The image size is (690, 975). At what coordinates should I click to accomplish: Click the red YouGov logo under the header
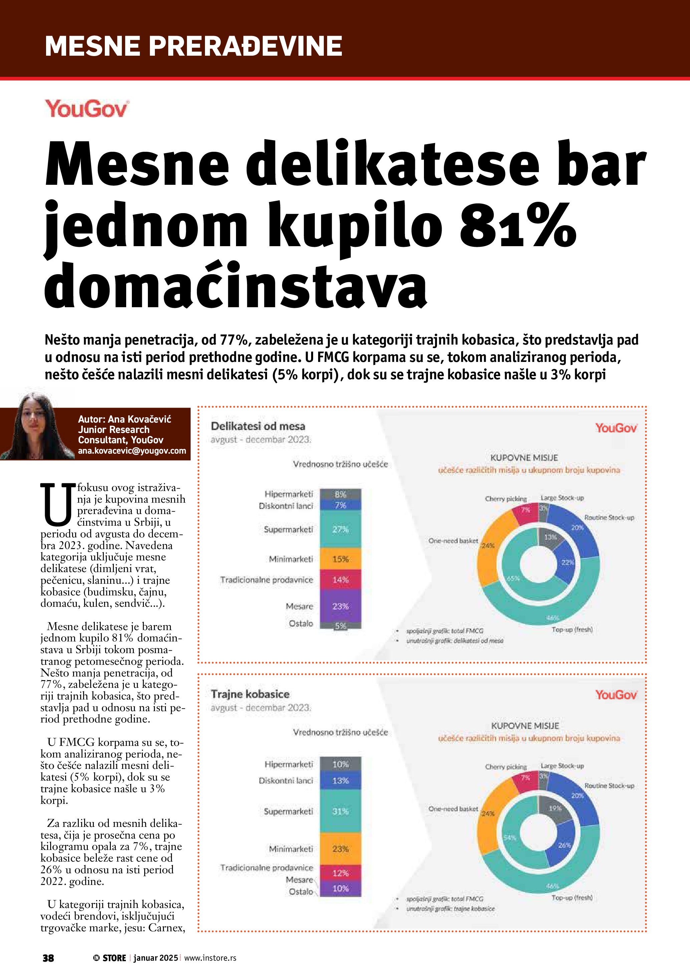click(87, 109)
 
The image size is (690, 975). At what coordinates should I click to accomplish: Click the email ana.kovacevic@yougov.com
click(132, 451)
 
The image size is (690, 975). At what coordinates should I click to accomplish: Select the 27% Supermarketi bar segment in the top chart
click(340, 529)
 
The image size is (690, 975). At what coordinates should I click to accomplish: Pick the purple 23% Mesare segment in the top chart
click(340, 606)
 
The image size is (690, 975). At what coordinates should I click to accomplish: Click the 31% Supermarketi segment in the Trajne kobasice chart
click(340, 811)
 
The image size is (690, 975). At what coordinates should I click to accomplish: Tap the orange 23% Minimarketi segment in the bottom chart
click(340, 849)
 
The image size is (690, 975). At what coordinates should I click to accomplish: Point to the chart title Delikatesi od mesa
click(258, 426)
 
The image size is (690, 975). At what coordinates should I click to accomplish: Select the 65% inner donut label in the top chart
click(513, 578)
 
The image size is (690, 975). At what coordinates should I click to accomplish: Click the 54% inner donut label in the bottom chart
click(510, 838)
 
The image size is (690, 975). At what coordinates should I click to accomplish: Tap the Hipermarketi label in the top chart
click(288, 494)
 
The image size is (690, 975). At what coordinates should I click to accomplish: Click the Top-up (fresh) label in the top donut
click(572, 629)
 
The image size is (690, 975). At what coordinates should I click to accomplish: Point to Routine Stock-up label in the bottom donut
click(609, 786)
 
